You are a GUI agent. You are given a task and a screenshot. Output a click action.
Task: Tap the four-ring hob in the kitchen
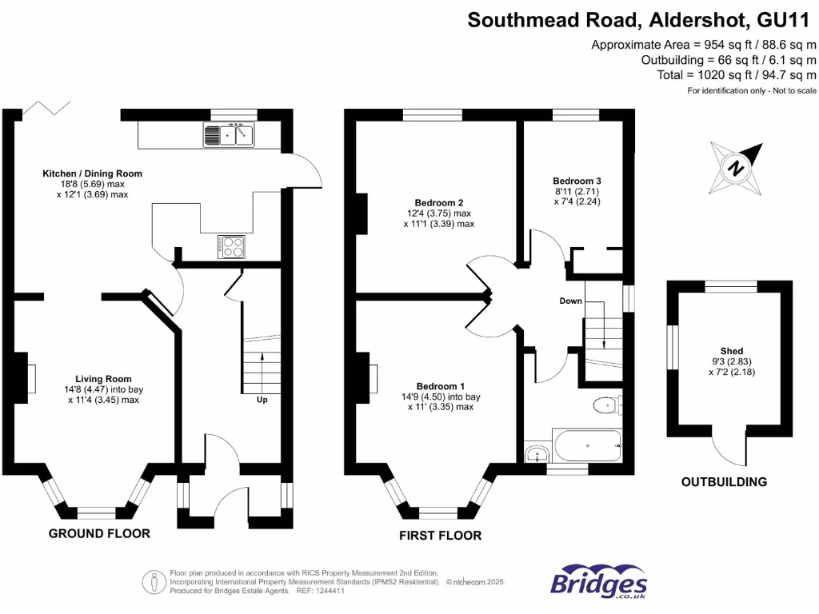(230, 247)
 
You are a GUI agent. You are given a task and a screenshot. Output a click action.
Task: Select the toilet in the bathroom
(609, 406)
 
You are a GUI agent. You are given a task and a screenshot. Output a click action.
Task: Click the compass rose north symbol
(735, 167)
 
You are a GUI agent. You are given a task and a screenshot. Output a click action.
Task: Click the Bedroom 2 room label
(438, 202)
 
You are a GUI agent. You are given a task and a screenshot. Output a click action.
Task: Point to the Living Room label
(103, 379)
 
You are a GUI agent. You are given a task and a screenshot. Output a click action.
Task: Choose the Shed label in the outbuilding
(731, 351)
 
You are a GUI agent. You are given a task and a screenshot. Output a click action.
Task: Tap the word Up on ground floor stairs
(262, 399)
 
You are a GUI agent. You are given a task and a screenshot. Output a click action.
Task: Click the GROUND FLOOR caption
(99, 533)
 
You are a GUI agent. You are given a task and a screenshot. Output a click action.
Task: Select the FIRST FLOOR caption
(440, 536)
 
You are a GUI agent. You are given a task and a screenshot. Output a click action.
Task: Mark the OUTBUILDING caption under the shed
(724, 482)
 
